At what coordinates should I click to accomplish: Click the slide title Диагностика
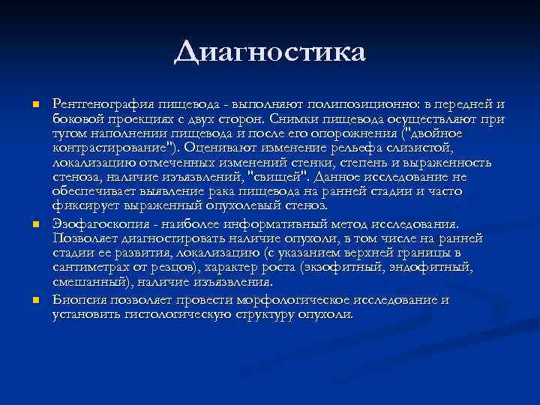(x=270, y=53)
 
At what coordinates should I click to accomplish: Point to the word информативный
(x=270, y=224)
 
